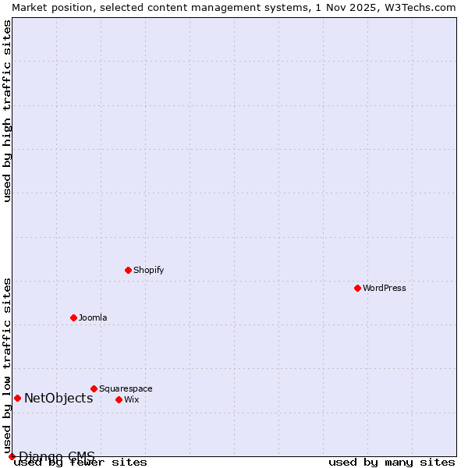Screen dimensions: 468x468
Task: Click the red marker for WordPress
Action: tap(357, 288)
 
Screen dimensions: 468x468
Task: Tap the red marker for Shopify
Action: tap(128, 270)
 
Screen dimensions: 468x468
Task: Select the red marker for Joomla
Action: tap(73, 317)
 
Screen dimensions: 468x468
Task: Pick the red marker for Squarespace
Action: tap(94, 388)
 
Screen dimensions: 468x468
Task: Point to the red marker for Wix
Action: tap(119, 399)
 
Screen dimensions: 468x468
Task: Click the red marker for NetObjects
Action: tap(17, 398)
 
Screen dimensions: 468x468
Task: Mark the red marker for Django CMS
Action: tap(12, 456)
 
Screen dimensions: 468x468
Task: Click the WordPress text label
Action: tap(384, 288)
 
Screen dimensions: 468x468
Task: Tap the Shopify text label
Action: tap(148, 270)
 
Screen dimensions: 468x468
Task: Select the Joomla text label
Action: tap(93, 317)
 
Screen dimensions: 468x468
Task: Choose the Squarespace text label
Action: tap(126, 388)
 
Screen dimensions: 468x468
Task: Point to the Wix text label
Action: tap(131, 399)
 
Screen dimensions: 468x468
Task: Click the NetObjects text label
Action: tap(58, 398)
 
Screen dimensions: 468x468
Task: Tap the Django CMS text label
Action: tap(57, 456)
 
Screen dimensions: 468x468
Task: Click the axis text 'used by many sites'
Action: tap(392, 463)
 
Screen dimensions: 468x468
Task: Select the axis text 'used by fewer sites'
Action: tap(80, 463)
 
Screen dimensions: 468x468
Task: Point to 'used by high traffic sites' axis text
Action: tap(7, 111)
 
